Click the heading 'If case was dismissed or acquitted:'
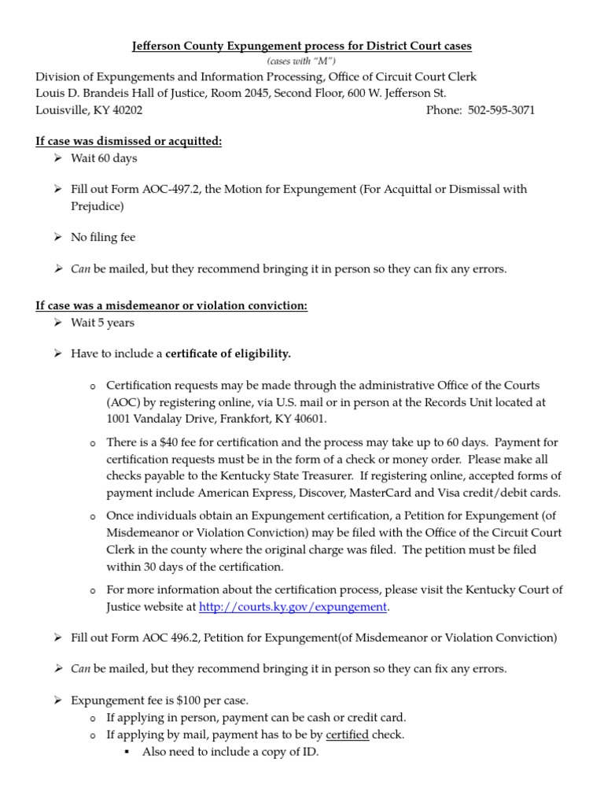click(129, 142)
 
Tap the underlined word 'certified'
click(347, 735)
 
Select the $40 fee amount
click(171, 444)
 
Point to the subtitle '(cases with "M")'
click(301, 61)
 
